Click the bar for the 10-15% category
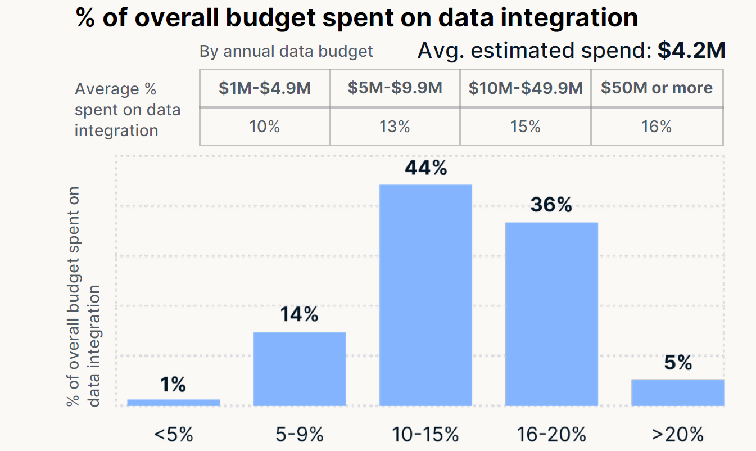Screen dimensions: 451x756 425,295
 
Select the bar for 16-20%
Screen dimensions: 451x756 551,314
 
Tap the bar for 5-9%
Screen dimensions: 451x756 300,368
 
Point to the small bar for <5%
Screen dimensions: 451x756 173,402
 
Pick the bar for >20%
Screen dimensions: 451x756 677,393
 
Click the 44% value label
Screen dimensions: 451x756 425,168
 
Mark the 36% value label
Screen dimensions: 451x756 551,205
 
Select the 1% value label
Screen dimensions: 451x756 173,385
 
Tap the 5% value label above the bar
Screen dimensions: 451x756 677,363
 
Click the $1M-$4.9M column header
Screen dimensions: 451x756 265,88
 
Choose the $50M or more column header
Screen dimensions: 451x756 657,88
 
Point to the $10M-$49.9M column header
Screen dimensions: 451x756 526,88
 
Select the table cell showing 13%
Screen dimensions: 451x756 395,127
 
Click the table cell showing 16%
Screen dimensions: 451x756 657,127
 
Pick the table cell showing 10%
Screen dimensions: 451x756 265,127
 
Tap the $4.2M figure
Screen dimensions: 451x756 691,51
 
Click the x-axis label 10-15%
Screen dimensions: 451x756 425,434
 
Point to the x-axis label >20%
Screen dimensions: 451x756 677,434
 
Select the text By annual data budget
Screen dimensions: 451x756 286,52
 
